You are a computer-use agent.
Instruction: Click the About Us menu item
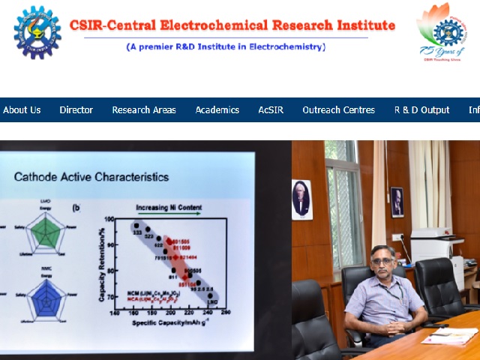click(22, 109)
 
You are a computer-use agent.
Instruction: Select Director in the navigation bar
click(76, 109)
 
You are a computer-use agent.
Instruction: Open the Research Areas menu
click(144, 109)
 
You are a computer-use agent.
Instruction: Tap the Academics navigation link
click(217, 109)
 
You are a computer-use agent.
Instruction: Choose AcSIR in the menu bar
click(271, 109)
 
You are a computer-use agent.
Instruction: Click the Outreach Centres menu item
click(338, 109)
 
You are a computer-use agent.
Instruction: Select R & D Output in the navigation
click(421, 109)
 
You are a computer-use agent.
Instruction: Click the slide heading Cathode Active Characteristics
click(91, 178)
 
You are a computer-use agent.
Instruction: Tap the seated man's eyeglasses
click(383, 262)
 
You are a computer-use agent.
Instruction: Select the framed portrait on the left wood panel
click(301, 198)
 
